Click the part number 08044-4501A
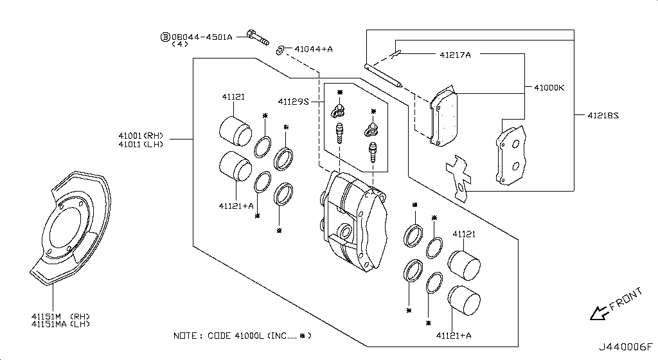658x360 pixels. coord(202,37)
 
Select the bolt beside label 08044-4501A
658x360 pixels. coord(258,37)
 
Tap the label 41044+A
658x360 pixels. coord(314,49)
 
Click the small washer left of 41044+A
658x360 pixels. coord(280,50)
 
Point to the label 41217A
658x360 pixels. coord(456,55)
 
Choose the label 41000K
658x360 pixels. coord(549,87)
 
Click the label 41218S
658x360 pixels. coord(603,115)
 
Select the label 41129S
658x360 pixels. coord(293,102)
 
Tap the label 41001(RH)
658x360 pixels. coord(141,136)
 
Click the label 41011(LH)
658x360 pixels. coord(141,145)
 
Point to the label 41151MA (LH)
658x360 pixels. coord(61,324)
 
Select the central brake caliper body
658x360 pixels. coord(353,221)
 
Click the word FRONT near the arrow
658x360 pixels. coord(626,298)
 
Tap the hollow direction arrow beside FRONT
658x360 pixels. coord(600,313)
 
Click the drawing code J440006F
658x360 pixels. coord(625,347)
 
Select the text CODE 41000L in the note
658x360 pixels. coord(236,336)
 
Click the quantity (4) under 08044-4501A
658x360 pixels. coord(180,44)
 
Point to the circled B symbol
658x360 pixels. coord(165,37)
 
